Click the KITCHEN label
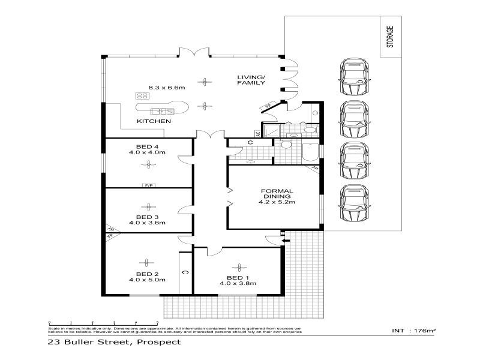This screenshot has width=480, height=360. pos(154,121)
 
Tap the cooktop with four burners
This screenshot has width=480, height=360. pos(142,95)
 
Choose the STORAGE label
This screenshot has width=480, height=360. pos(391,37)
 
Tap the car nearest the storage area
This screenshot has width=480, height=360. pos(353,76)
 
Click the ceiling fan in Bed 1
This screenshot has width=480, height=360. pos(239,266)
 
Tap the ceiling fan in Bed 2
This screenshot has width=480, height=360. pos(145,262)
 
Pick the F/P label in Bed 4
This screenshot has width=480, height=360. pos(148,185)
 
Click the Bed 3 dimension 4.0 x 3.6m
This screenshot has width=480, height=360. pos(147,223)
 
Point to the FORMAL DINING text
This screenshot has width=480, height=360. pos(276,194)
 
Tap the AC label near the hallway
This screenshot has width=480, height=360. pos(259,134)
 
